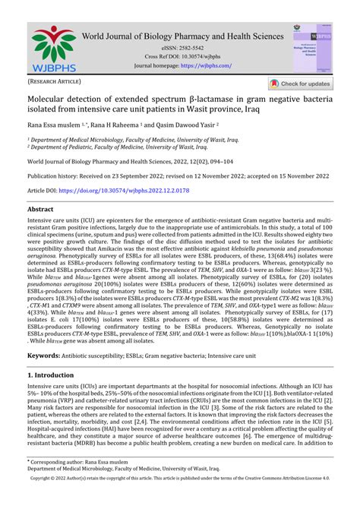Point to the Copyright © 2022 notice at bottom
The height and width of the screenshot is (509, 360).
(179, 501)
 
